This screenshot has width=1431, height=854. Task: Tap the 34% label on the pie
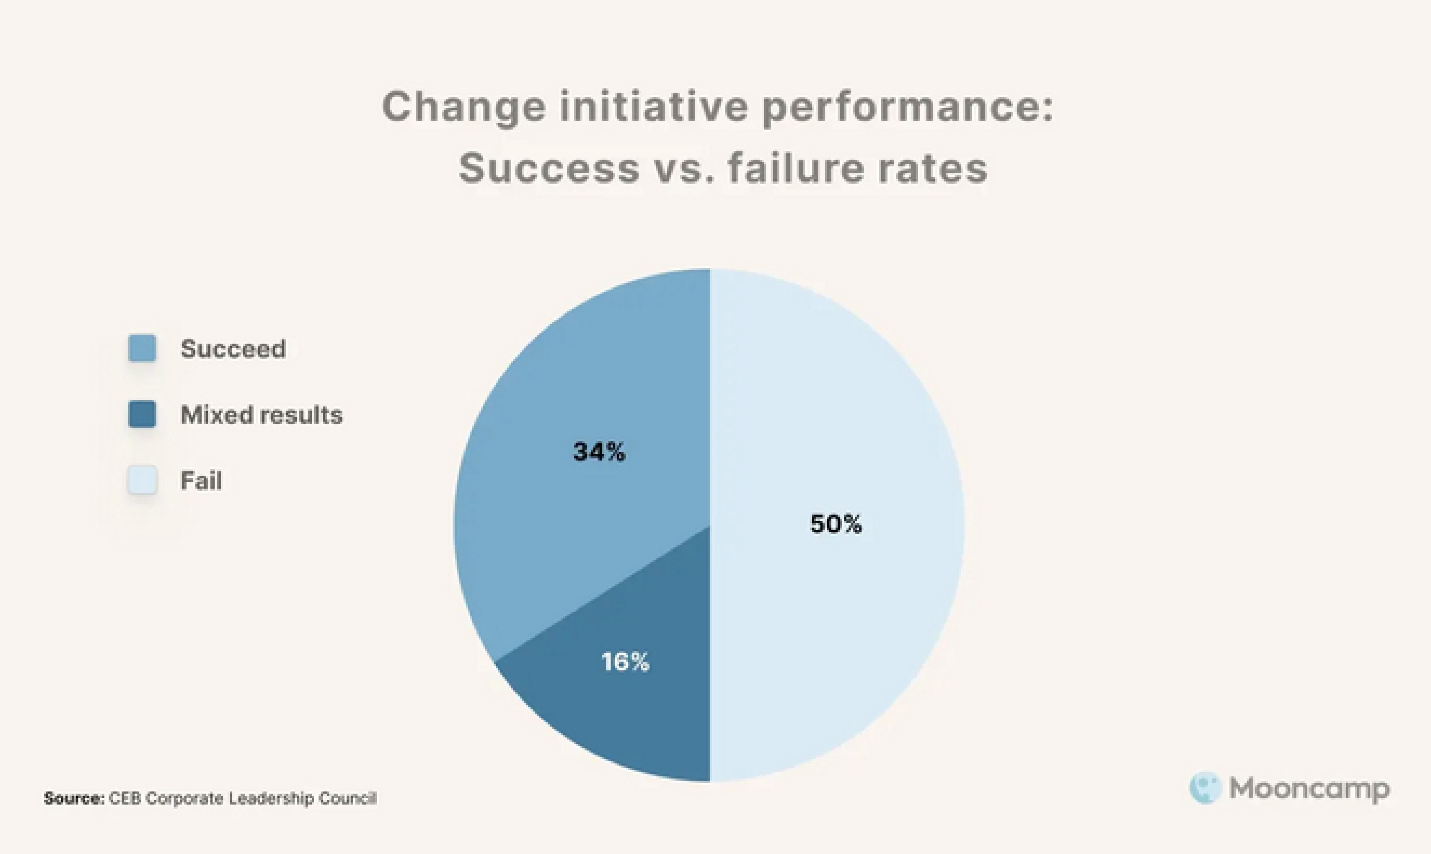[598, 452]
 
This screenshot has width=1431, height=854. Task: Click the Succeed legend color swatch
[142, 348]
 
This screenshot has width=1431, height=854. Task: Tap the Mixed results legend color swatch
[142, 414]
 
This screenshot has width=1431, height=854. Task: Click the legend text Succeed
[233, 349]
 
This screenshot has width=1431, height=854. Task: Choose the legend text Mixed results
[261, 415]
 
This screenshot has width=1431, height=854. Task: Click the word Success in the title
[549, 169]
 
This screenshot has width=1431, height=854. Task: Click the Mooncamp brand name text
[1309, 789]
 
